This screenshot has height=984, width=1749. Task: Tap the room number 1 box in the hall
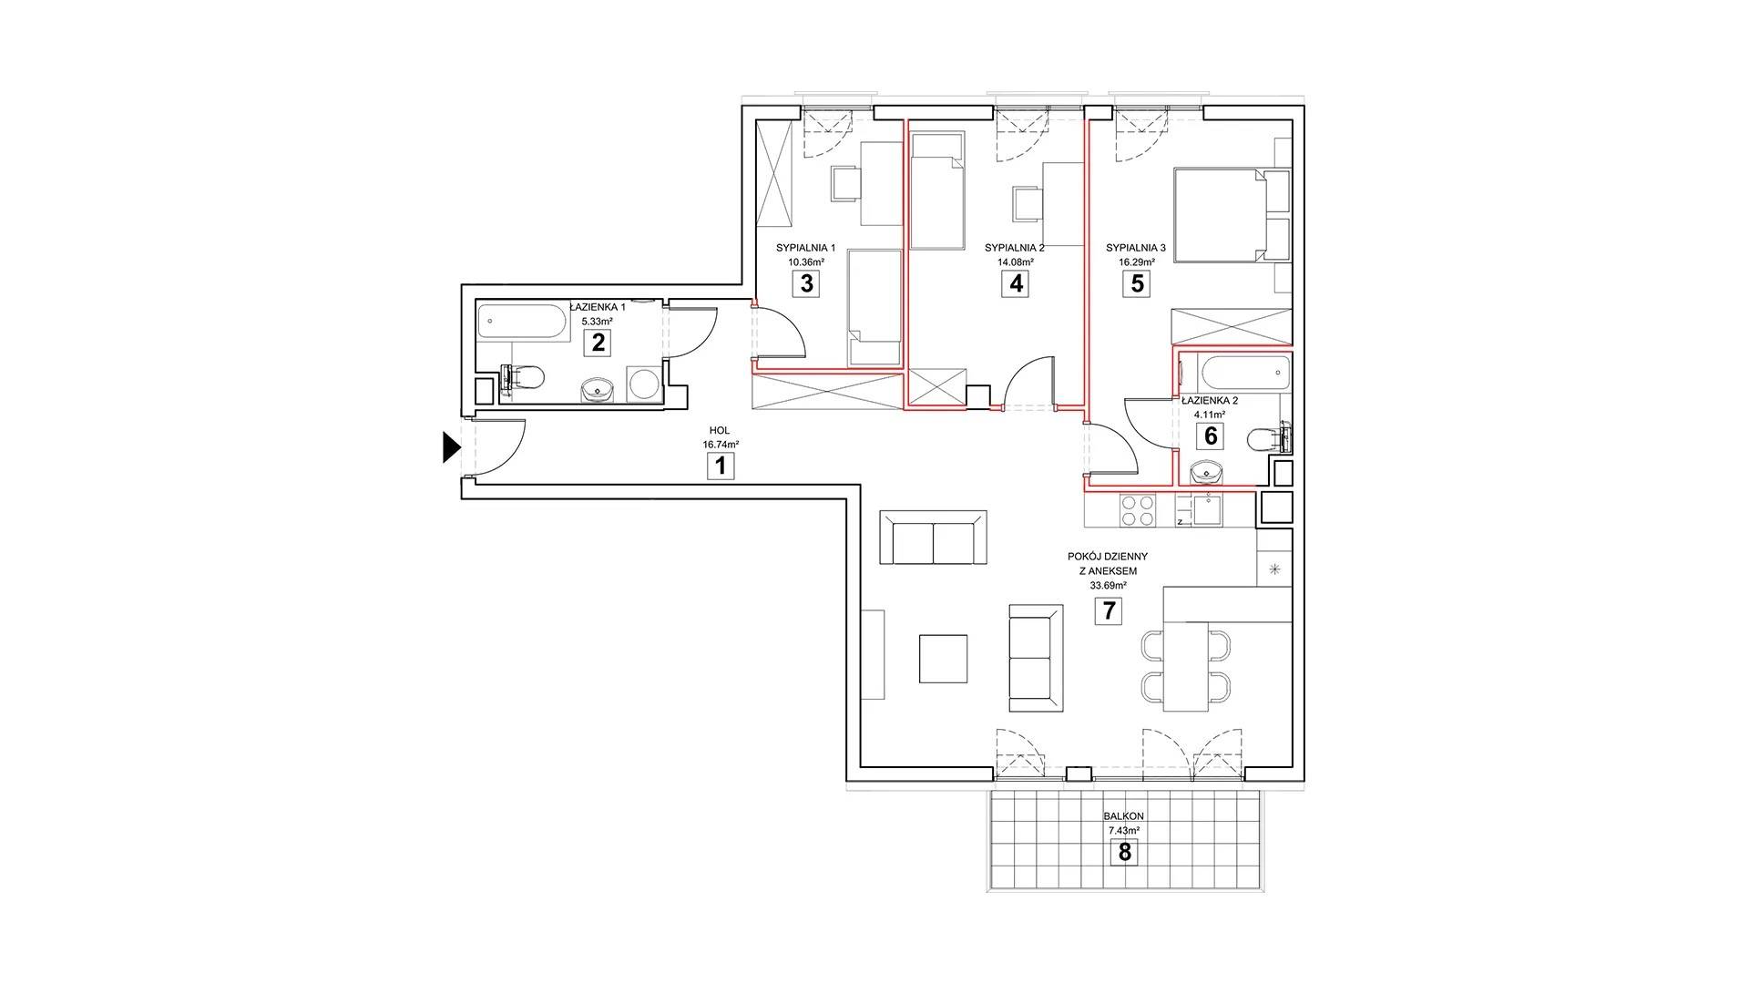tap(721, 467)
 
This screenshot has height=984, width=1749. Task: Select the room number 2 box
tap(598, 343)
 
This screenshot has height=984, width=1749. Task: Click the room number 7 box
tap(1109, 610)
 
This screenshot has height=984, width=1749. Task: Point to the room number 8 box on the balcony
tap(1125, 852)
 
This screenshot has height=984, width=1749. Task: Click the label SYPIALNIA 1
tap(805, 248)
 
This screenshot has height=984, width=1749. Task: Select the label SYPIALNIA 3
tap(1136, 248)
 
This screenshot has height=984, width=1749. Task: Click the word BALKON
tap(1125, 817)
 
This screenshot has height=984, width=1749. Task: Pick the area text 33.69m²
tap(1108, 586)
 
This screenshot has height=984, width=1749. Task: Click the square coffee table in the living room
tap(943, 659)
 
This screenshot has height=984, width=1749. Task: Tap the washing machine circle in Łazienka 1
tap(646, 384)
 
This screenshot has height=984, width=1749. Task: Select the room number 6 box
tap(1211, 436)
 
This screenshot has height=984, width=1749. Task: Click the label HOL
tap(720, 431)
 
